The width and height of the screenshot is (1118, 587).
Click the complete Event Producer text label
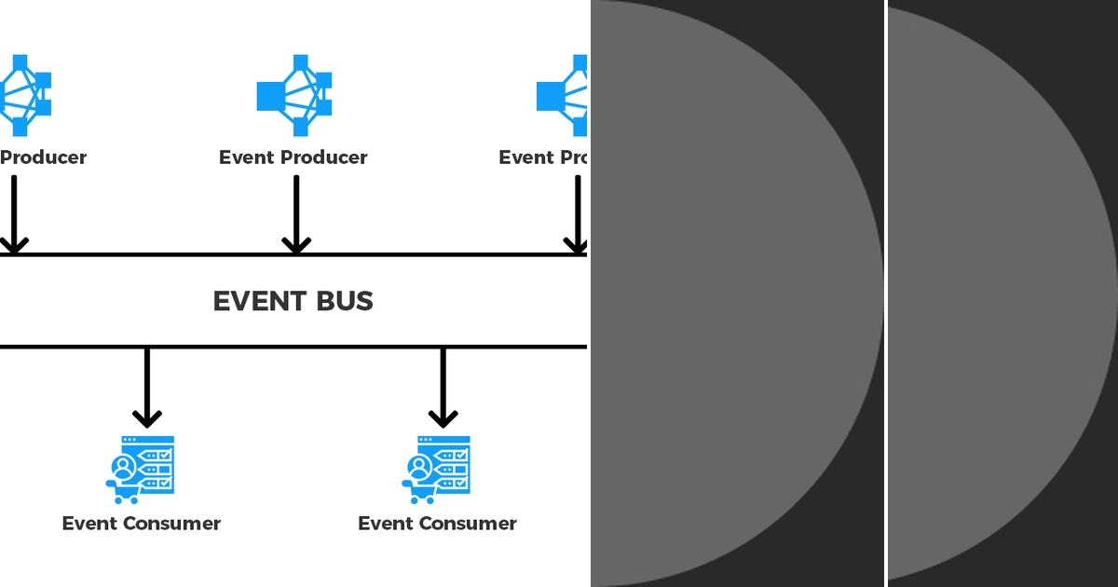coord(293,157)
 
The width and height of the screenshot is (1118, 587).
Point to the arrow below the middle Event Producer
coord(296,214)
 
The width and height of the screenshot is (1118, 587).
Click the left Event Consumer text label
coord(142,524)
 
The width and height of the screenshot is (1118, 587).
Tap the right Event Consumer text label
coord(438,524)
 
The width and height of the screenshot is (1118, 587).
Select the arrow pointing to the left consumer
coord(147,387)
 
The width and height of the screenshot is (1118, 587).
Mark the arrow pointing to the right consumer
coord(443,387)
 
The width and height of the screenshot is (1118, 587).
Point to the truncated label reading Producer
coord(43,157)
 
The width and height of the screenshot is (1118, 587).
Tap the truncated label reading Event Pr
coord(542,157)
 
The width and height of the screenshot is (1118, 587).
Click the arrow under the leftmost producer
coord(14,214)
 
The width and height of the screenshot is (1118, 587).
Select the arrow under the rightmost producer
coord(577,214)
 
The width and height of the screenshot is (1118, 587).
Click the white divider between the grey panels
coord(886,293)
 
